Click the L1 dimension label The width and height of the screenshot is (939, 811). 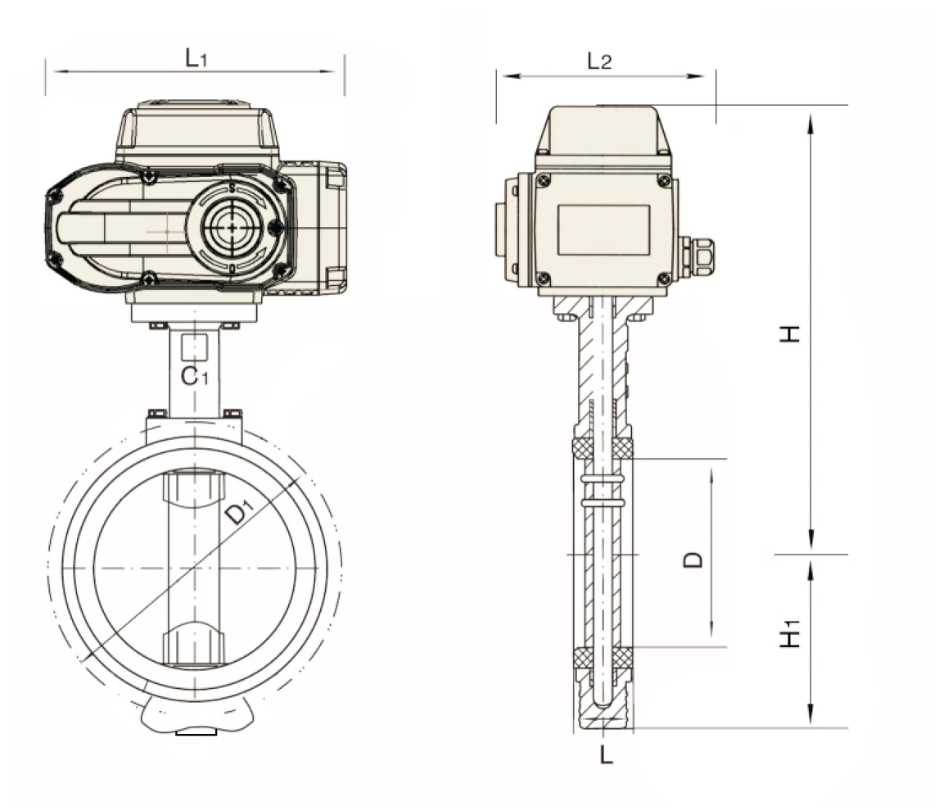pyautogui.click(x=196, y=57)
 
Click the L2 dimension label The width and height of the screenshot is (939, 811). pyautogui.click(x=599, y=61)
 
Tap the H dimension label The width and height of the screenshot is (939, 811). pyautogui.click(x=789, y=333)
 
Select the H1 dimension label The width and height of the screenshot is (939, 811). pyautogui.click(x=789, y=637)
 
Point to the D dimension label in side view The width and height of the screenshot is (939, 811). pyautogui.click(x=693, y=560)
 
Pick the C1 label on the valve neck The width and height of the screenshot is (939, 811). pyautogui.click(x=195, y=377)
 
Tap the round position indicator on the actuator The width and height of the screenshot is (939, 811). pyautogui.click(x=232, y=227)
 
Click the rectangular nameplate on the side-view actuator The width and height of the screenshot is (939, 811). pyautogui.click(x=603, y=229)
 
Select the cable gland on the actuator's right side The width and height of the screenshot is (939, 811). pyautogui.click(x=696, y=256)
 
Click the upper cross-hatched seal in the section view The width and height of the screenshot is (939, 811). pyautogui.click(x=603, y=447)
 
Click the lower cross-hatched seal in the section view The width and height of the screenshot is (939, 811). pyautogui.click(x=603, y=657)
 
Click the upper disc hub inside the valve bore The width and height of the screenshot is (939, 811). pyautogui.click(x=194, y=490)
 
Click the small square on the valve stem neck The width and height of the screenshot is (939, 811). pyautogui.click(x=194, y=347)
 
